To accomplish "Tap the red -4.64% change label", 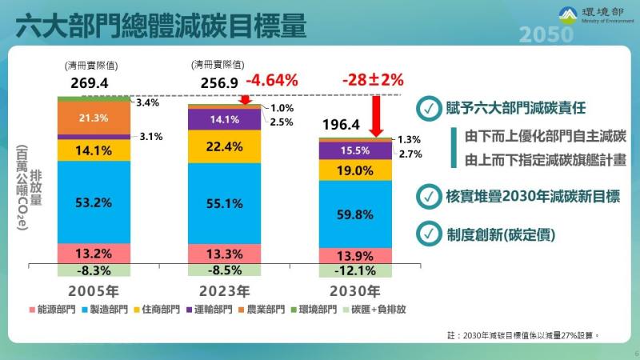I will click(271, 80).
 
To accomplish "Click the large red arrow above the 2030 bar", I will click(377, 114).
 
